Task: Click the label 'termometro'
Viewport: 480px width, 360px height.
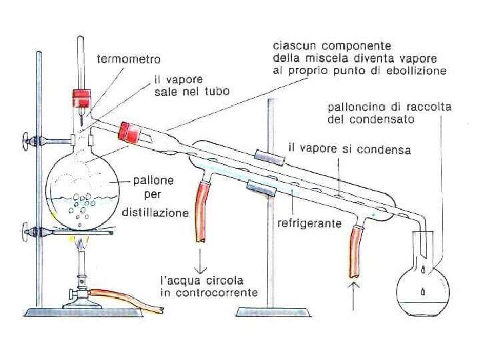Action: point(128,59)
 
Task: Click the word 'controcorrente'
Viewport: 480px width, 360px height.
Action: point(208,293)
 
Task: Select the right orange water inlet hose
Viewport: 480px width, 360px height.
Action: point(357,252)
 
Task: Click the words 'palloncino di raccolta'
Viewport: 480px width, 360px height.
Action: point(389,108)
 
